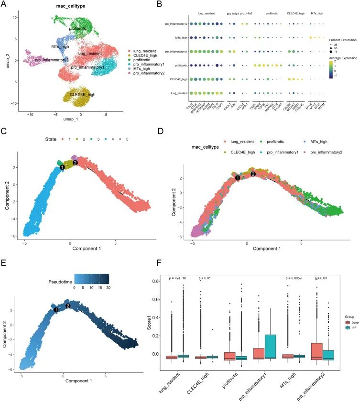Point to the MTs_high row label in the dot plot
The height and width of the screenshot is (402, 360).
179,37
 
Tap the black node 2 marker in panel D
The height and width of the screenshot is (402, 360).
253,174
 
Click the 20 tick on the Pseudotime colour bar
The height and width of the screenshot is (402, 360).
108,287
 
